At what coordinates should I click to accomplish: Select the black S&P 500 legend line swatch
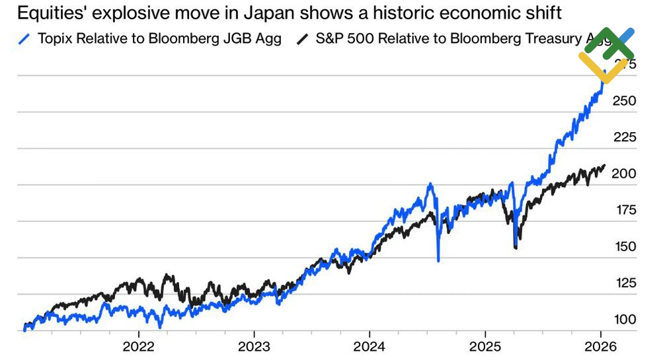tap(303, 39)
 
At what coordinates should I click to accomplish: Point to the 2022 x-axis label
tap(138, 346)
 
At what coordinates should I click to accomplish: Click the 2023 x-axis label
tap(254, 346)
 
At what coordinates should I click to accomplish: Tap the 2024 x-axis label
tap(369, 346)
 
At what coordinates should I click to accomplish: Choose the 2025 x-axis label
tap(485, 346)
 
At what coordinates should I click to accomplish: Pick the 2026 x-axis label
tap(600, 346)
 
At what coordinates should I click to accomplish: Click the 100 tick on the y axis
tap(625, 320)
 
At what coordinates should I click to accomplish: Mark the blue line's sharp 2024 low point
tap(438, 260)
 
